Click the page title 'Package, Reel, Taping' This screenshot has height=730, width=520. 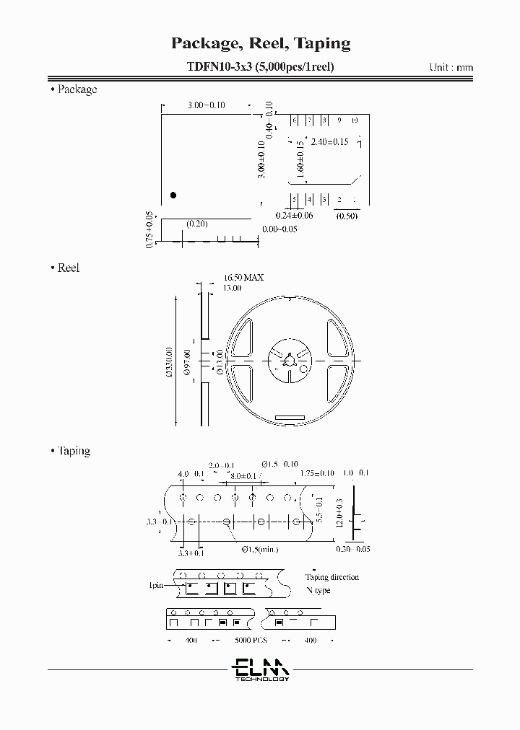260,43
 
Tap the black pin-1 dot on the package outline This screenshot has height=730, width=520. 173,195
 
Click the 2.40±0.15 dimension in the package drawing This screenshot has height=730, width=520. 329,142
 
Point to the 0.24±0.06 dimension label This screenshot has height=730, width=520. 294,216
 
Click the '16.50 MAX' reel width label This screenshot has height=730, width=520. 243,277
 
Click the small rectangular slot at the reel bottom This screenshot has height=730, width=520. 290,418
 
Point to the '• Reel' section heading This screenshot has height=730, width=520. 65,268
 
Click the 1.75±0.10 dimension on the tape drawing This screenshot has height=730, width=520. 317,473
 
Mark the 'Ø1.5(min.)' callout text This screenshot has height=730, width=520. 259,550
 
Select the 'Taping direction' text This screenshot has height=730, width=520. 331,577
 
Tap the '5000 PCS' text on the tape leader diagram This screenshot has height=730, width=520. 251,641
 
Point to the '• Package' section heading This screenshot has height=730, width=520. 74,90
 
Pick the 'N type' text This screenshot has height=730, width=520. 318,590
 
